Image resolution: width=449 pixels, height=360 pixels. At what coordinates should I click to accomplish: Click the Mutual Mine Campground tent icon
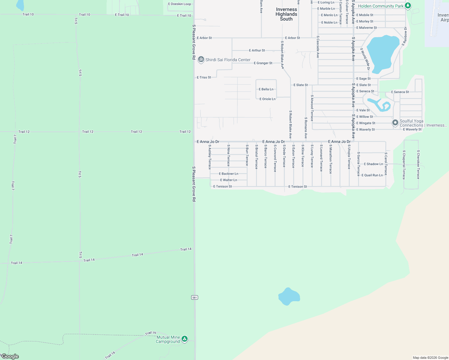tap(185, 339)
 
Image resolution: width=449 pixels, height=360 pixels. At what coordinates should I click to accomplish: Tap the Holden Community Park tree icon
tap(408, 6)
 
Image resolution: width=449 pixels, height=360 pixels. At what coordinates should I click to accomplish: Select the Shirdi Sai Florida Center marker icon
tap(201, 59)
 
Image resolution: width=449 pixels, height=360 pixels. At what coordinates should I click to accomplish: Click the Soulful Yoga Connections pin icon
tap(395, 123)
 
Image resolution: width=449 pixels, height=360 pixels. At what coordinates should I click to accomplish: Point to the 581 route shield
tap(194, 297)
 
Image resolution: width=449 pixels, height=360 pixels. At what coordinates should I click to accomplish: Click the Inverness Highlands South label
tap(286, 14)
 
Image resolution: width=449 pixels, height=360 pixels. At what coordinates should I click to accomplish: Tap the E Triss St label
tap(204, 77)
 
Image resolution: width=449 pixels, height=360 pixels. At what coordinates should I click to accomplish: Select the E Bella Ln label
tap(266, 89)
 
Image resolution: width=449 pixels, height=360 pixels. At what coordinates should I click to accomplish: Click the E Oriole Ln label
tap(267, 99)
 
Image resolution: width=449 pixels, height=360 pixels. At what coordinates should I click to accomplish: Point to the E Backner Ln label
tap(228, 174)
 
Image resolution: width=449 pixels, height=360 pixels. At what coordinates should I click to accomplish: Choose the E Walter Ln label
tap(228, 180)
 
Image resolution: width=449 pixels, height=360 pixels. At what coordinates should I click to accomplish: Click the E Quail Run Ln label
tap(372, 175)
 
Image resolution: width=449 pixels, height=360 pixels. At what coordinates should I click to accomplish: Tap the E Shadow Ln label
tap(373, 164)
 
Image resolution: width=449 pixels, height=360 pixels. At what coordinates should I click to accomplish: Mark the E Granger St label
tap(263, 63)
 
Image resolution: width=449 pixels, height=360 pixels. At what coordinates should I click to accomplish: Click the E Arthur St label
tap(257, 50)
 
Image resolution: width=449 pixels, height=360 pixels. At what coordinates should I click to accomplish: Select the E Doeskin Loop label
tap(179, 4)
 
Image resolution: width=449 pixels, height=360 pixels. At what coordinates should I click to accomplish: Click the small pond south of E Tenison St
tap(289, 296)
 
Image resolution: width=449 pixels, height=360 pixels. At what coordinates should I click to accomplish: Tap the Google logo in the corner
tap(10, 356)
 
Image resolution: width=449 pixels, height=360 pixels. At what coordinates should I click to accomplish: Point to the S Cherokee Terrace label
tap(418, 164)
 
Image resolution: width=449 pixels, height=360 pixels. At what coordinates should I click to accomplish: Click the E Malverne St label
tap(366, 28)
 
